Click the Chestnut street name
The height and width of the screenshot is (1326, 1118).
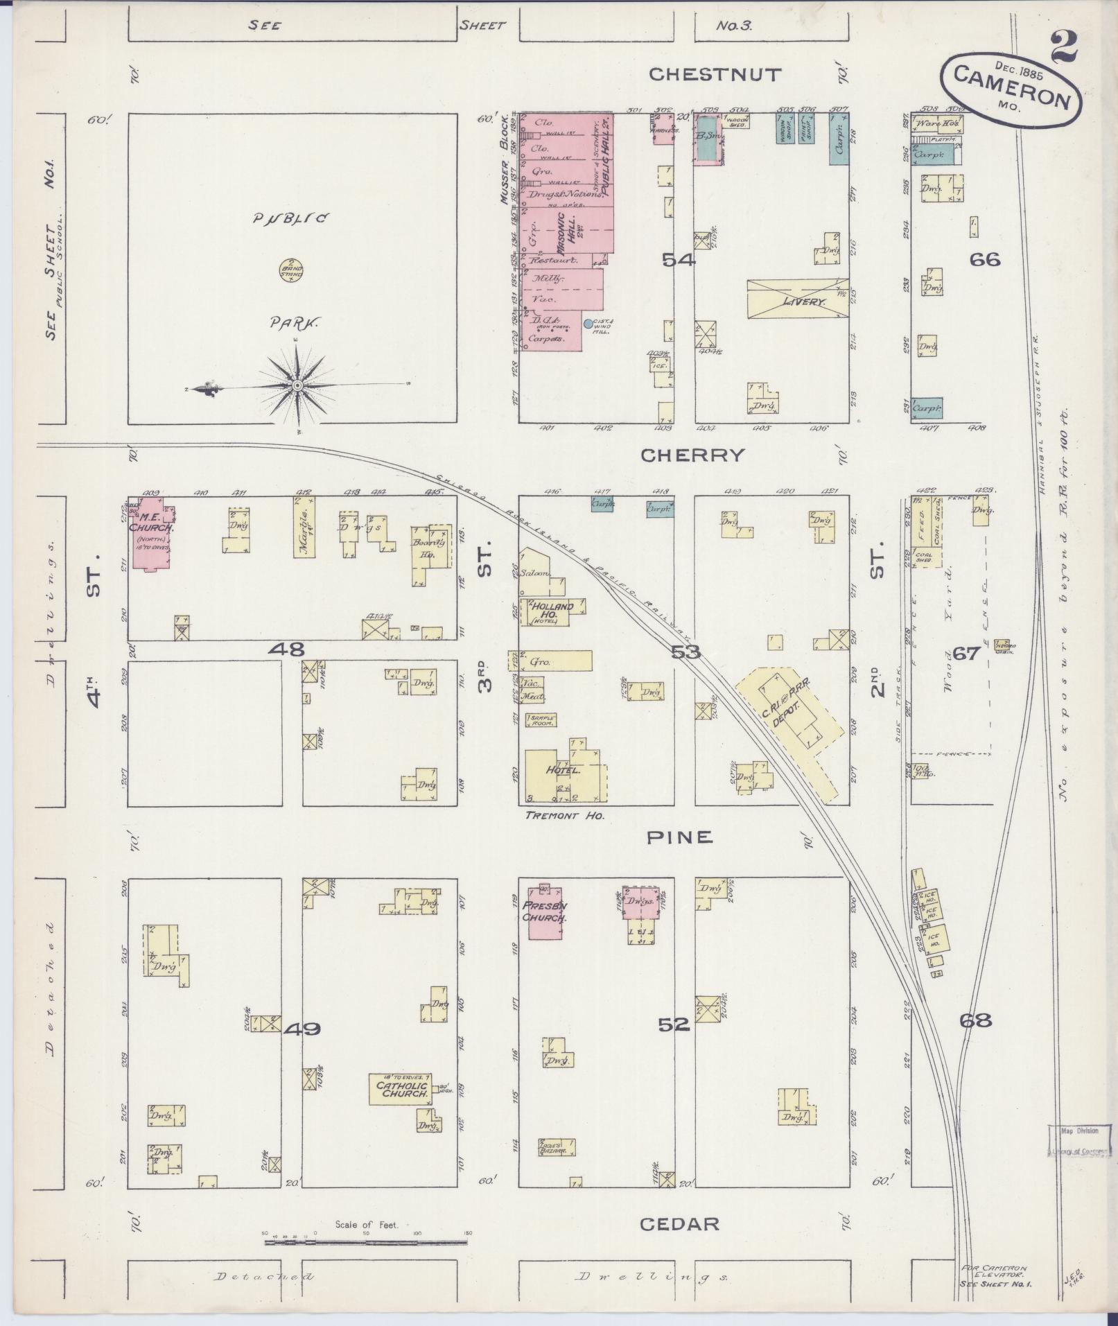(x=715, y=74)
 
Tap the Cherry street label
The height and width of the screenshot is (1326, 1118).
(x=692, y=455)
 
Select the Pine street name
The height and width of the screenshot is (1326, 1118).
(x=679, y=837)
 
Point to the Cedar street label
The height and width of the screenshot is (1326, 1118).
(x=679, y=1223)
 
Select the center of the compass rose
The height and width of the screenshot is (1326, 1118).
(x=297, y=385)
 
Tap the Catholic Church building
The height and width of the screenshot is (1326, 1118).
(x=399, y=1108)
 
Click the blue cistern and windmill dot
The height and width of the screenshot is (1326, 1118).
(x=588, y=323)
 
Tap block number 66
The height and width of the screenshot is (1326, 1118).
(x=985, y=260)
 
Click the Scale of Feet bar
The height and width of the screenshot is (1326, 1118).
(x=365, y=1242)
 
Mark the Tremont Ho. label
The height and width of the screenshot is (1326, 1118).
(x=564, y=816)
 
